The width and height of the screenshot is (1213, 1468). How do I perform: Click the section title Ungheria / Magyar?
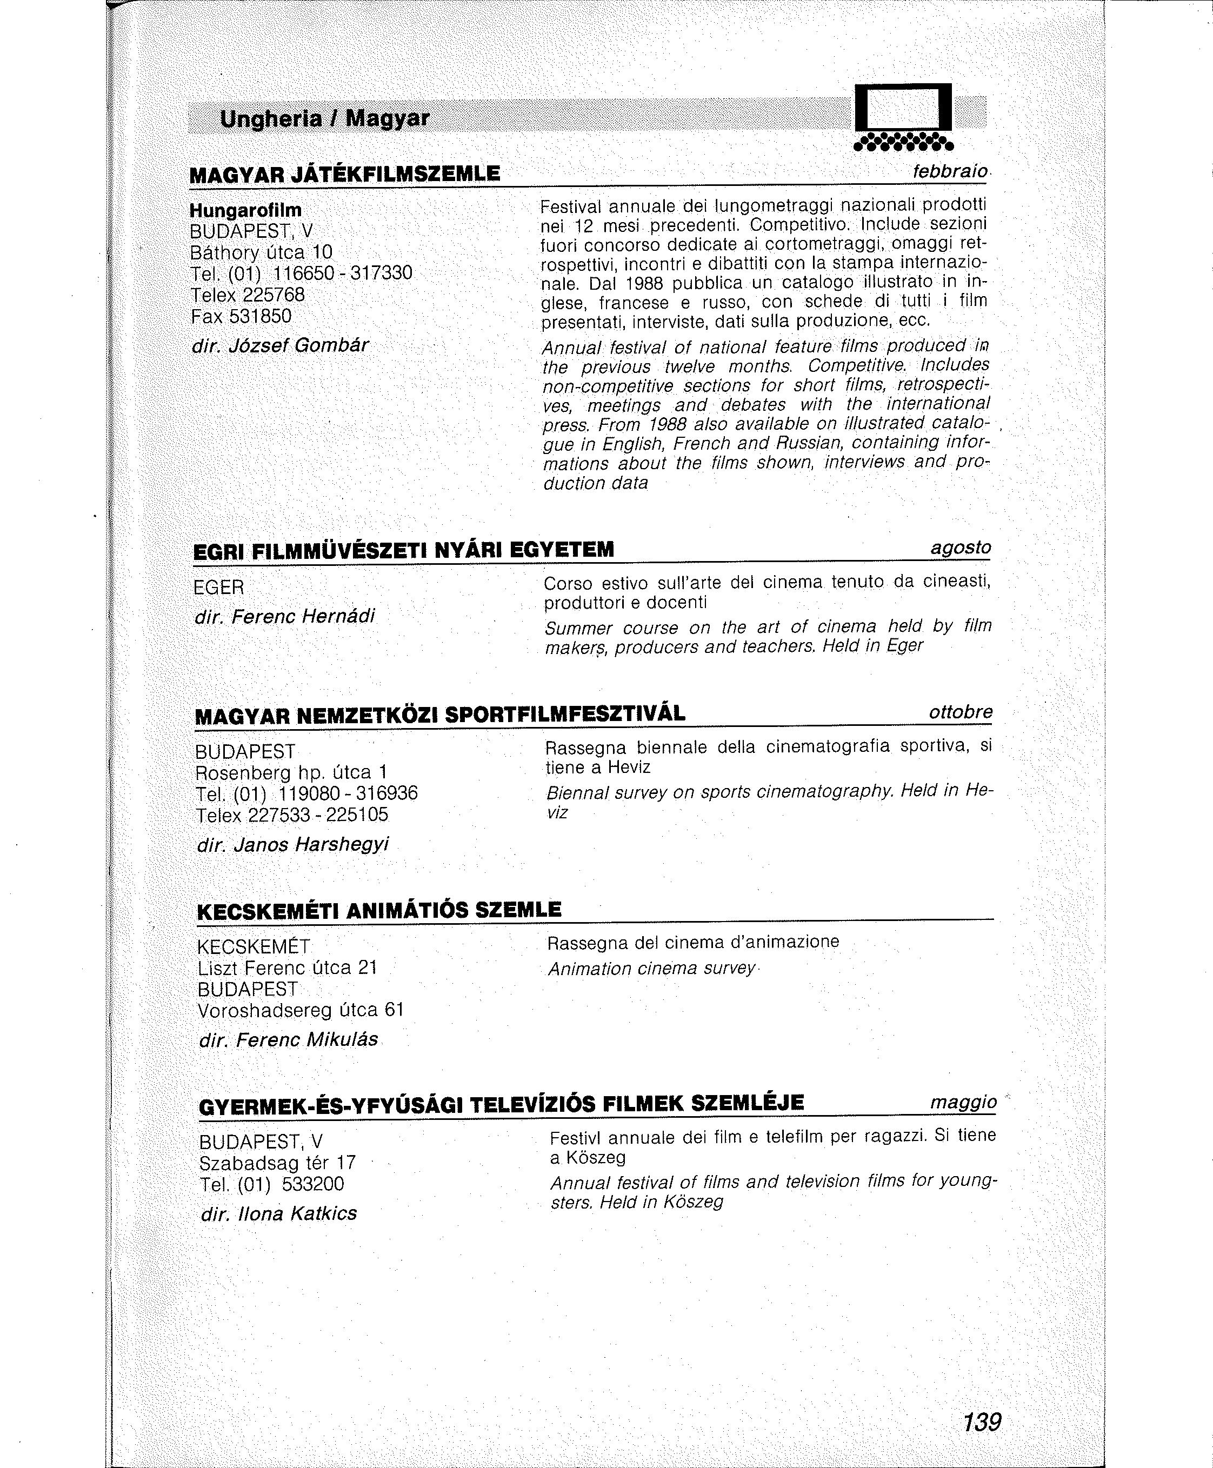[x=324, y=119]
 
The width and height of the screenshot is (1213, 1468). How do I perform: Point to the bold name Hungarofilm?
[x=246, y=210]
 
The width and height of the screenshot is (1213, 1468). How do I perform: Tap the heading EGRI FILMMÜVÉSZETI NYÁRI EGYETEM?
[x=403, y=551]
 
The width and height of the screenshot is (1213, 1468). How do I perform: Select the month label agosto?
[x=961, y=548]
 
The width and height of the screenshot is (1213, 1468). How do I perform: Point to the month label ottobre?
[x=961, y=712]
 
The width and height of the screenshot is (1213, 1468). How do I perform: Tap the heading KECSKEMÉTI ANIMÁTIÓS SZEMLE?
[x=379, y=910]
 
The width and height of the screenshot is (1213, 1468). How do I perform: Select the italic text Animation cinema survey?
[x=651, y=969]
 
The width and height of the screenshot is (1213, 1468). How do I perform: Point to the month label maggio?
[x=964, y=1103]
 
